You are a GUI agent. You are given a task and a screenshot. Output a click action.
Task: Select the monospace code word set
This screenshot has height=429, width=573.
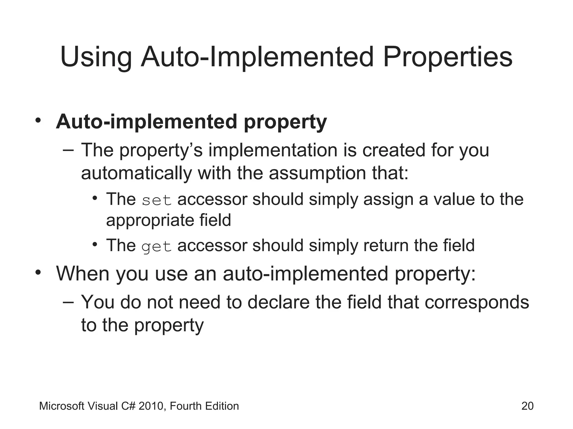pos(156,200)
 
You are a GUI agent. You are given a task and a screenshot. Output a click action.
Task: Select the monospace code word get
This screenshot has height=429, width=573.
pos(156,246)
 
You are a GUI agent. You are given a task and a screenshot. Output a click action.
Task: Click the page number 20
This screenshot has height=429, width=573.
pos(527,406)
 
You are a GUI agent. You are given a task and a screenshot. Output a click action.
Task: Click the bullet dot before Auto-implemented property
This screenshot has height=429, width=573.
pos(38,121)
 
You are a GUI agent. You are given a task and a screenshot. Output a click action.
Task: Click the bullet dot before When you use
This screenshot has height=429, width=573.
pos(38,272)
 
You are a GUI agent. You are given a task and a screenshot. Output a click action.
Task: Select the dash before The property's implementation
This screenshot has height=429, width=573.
pos(68,150)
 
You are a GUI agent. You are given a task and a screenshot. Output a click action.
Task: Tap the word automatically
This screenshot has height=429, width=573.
pos(136,173)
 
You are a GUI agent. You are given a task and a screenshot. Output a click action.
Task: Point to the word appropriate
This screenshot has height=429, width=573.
pos(149,220)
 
